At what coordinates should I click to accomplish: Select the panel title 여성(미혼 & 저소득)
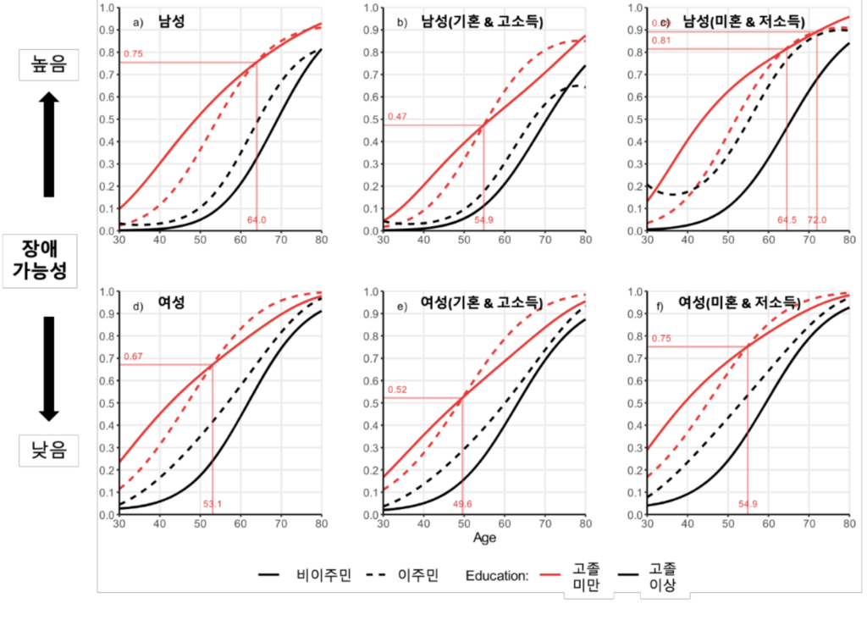[x=739, y=302]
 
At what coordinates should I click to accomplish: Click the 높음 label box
[x=49, y=64]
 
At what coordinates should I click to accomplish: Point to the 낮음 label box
[x=49, y=451]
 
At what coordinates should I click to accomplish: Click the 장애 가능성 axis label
[x=49, y=261]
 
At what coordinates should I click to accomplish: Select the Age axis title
[x=485, y=537]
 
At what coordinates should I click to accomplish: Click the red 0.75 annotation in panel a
[x=133, y=55]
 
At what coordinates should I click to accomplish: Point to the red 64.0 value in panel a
[x=257, y=220]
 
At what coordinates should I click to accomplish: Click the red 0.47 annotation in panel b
[x=397, y=117]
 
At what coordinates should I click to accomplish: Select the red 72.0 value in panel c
[x=817, y=220]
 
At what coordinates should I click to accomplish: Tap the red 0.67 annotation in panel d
[x=133, y=357]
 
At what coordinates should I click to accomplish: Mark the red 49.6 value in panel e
[x=462, y=504]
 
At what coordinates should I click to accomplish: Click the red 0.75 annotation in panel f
[x=661, y=338]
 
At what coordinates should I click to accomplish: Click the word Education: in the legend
[x=497, y=576]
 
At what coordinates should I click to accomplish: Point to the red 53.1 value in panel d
[x=212, y=504]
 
